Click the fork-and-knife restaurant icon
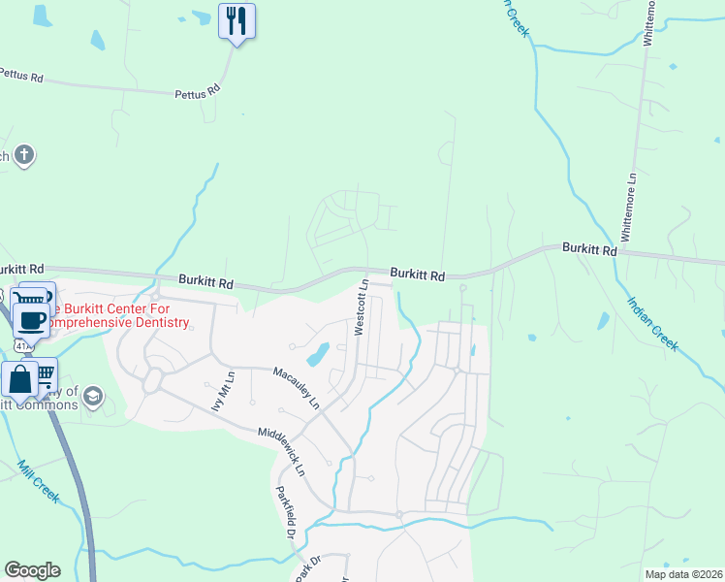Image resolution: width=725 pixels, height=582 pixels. [236, 20]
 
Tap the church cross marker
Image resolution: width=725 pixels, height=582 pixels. [24, 154]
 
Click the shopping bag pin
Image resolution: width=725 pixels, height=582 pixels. [20, 380]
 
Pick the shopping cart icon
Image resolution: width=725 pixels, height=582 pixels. [44, 375]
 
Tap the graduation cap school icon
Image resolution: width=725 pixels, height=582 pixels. [92, 395]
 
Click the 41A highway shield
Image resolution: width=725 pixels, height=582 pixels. [21, 344]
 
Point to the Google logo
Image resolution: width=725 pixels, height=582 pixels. [32, 570]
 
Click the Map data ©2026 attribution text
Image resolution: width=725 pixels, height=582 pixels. [682, 573]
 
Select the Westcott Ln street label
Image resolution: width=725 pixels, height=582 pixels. [362, 307]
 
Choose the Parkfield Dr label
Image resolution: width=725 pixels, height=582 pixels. [284, 511]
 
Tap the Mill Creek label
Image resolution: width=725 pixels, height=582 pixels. [39, 482]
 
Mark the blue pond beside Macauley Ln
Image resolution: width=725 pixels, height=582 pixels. [318, 355]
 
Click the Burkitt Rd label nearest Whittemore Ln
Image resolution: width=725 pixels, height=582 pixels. [589, 249]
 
